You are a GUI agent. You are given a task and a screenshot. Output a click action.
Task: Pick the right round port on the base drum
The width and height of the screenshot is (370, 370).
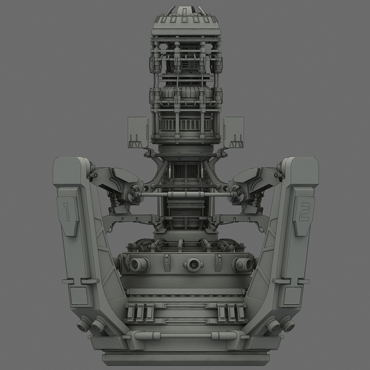[241, 265]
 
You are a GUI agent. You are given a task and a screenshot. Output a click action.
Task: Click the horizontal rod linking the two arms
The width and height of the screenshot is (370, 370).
[185, 196]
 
